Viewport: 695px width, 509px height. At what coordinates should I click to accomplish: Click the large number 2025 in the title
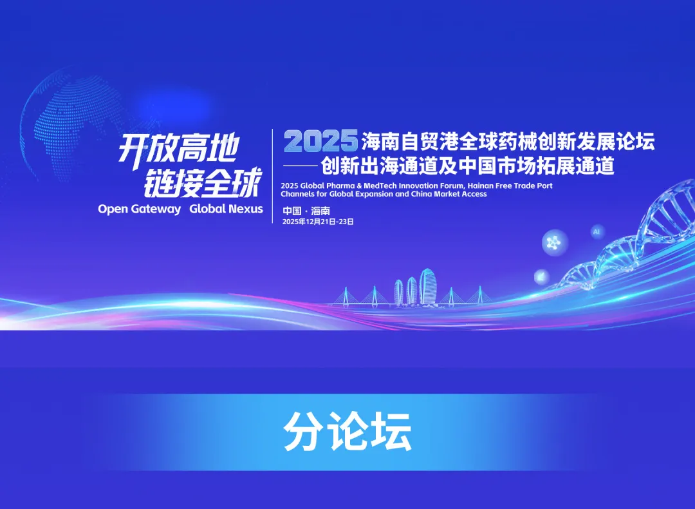320,140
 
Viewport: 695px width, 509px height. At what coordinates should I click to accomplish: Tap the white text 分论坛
347,431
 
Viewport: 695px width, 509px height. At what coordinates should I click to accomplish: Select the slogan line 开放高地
178,149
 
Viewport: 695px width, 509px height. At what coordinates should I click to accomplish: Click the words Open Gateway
139,209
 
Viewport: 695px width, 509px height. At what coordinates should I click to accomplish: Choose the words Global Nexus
226,209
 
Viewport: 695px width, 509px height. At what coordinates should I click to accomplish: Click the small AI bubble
596,231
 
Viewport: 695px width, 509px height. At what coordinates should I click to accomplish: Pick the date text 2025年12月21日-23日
318,222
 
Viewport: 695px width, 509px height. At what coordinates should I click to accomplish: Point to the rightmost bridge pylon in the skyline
478,294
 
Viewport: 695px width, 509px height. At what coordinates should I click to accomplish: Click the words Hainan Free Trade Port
512,186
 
